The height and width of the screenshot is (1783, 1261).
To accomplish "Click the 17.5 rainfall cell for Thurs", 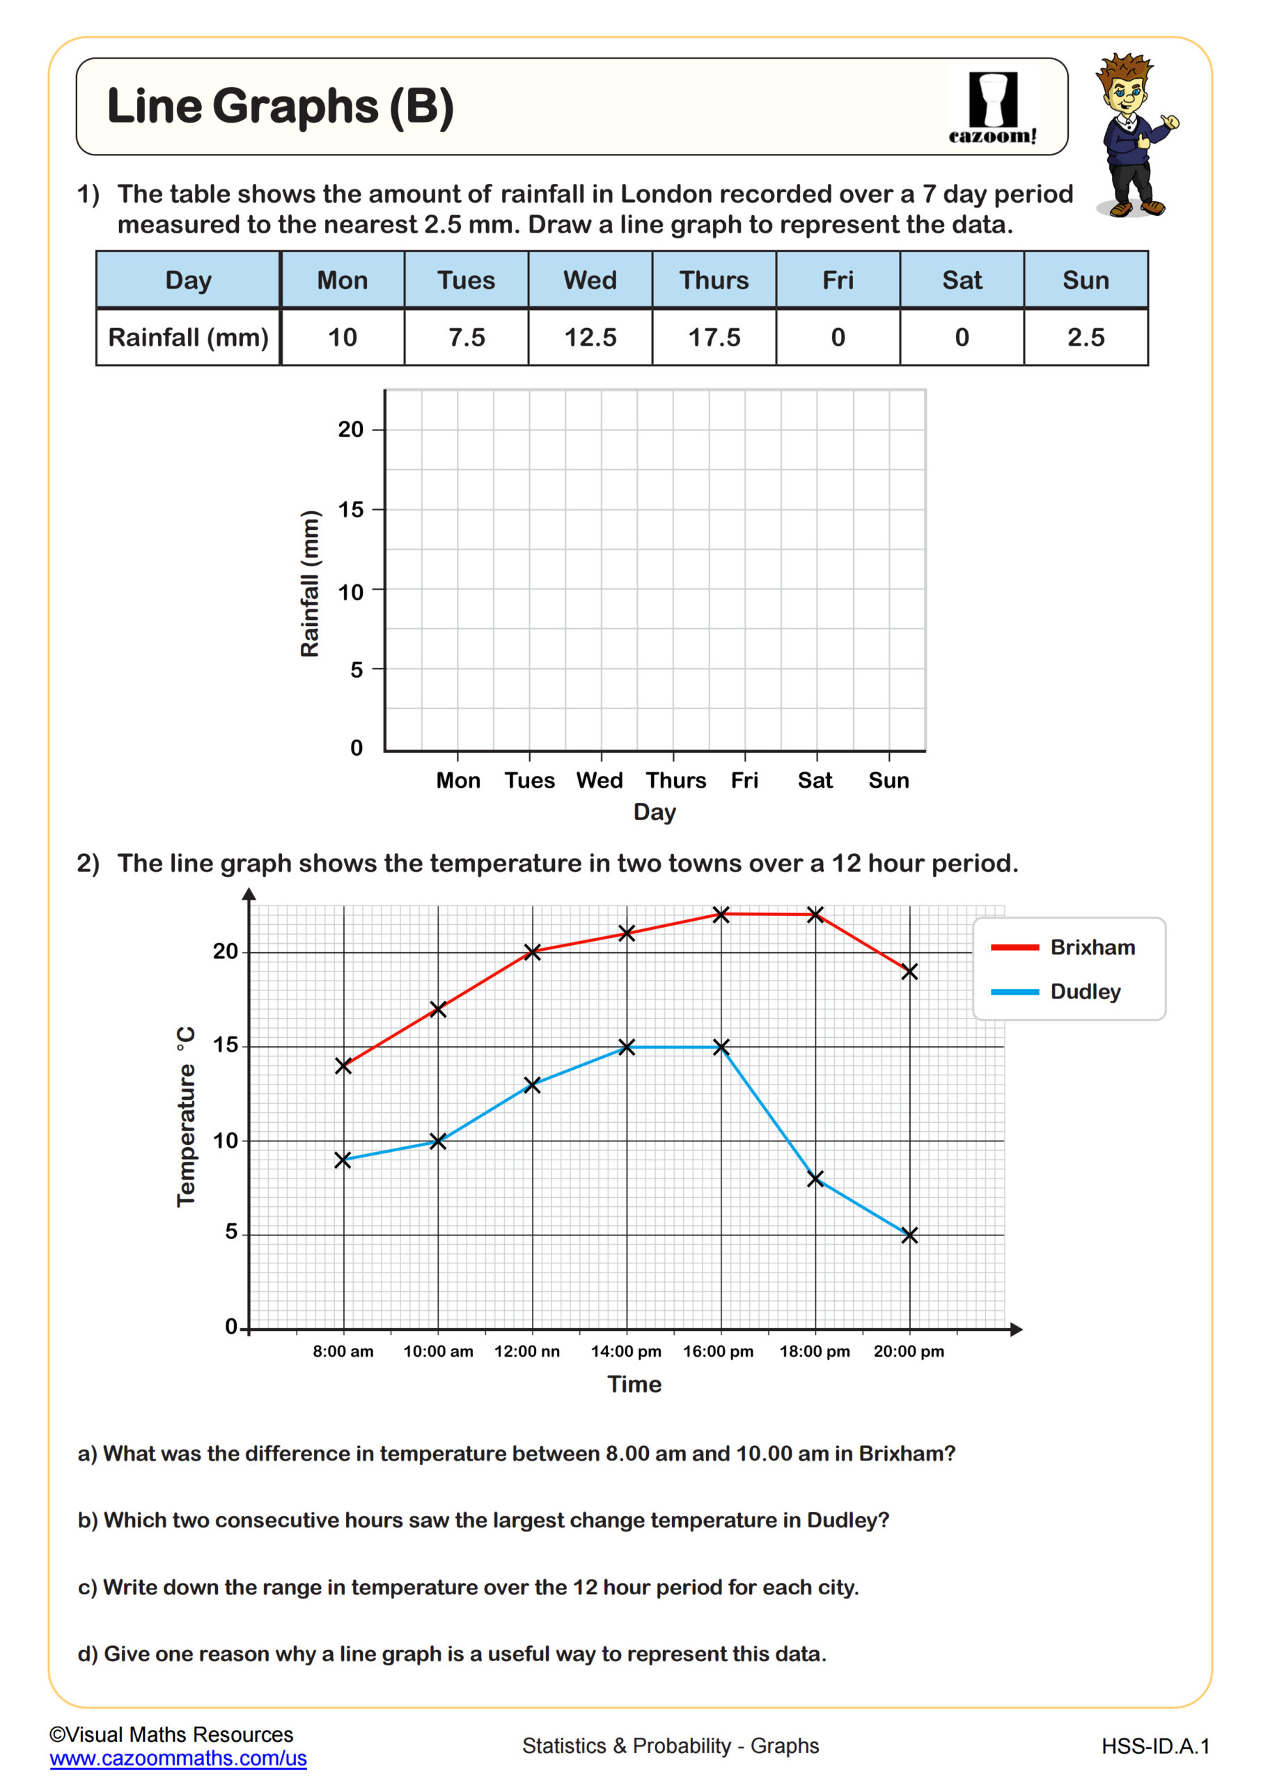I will point(714,338).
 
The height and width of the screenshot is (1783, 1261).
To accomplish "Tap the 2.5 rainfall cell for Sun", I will point(1085,338).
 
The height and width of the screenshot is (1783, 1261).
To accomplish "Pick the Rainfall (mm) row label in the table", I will point(188,338).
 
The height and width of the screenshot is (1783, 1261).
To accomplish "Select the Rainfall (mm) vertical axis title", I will point(310,583).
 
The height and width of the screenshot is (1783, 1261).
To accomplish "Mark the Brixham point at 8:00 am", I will point(343,1066).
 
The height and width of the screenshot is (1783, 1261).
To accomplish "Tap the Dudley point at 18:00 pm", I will point(815,1179).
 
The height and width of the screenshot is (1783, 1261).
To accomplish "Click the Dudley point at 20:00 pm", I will point(909,1235).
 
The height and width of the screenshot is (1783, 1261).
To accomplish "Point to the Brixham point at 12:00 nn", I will point(532,952).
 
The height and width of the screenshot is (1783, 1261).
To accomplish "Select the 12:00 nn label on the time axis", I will point(527,1351).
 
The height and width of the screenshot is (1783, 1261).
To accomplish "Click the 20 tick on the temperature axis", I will point(226,951).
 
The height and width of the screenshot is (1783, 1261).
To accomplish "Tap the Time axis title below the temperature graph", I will point(634,1384).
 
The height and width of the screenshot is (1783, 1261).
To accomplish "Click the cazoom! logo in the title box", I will point(992,108).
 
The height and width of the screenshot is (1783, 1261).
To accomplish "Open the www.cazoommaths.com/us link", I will point(178,1758).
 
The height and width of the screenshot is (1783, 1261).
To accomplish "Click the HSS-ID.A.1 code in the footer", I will point(1155,1747).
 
